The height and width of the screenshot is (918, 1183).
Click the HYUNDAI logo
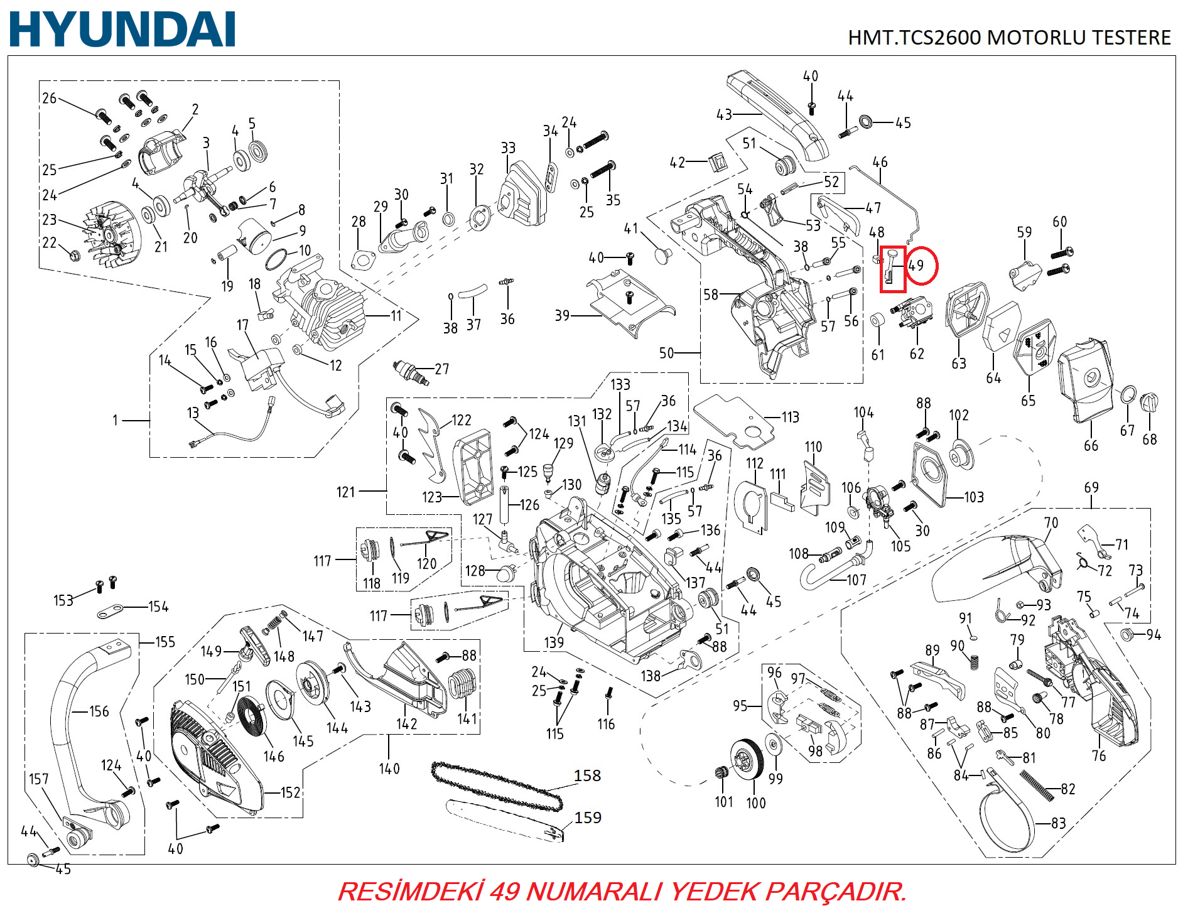[122, 30]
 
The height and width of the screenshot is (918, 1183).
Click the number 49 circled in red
[917, 266]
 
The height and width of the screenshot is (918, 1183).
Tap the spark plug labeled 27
[409, 372]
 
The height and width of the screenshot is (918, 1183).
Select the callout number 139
[554, 642]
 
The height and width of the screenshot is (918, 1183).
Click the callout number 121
[346, 492]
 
